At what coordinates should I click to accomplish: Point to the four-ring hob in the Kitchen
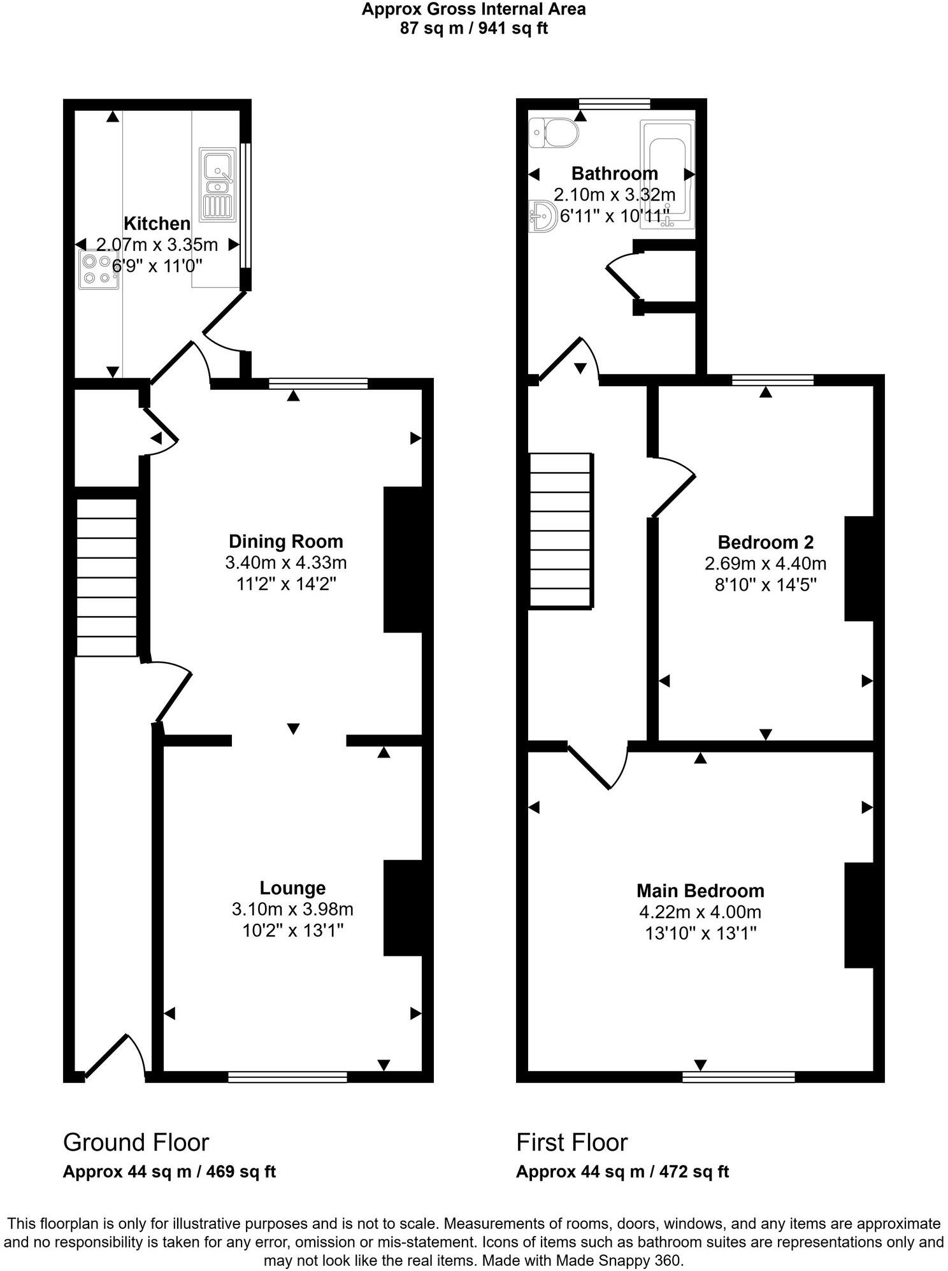coord(99,269)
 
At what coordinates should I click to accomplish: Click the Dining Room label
coord(285,542)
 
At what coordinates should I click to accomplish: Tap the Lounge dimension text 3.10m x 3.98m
coord(292,909)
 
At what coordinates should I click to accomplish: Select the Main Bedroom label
coord(700,891)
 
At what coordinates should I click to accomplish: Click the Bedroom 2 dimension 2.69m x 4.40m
coord(765,563)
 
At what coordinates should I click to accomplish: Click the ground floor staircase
coord(106,577)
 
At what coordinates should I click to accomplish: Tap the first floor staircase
coord(560,529)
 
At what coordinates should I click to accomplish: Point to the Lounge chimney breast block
coord(403,908)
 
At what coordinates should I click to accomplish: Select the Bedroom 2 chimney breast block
coord(858,568)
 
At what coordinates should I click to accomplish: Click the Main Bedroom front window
coord(738,1077)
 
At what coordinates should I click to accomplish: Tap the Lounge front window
coord(287,1077)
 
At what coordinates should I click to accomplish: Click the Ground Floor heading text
coord(136,1142)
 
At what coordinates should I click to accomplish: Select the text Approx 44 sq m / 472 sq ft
coord(622,1171)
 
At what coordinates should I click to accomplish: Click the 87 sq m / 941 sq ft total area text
coord(473,28)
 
